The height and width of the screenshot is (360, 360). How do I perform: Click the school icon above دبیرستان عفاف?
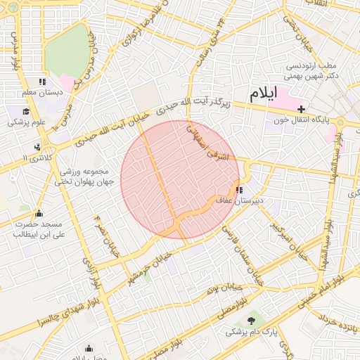coord(239,189)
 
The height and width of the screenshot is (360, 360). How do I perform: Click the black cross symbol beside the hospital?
coord(302,109)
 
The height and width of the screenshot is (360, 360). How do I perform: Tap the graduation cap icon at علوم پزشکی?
coord(26,111)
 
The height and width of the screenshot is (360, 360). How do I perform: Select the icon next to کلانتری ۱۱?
coord(36,148)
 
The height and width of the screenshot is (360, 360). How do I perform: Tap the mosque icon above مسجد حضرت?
coord(39,213)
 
